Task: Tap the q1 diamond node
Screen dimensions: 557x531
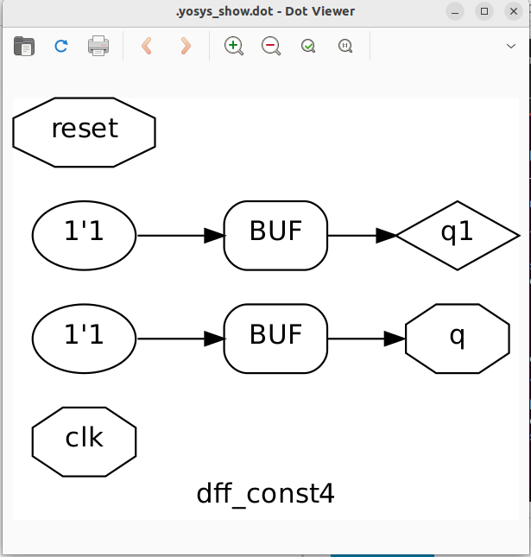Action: tap(458, 235)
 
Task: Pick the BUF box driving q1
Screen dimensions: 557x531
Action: tap(275, 235)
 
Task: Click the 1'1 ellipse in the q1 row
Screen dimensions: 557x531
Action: tap(84, 235)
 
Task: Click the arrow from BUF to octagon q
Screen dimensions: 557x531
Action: tap(366, 339)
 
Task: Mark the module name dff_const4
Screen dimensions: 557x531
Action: tap(265, 494)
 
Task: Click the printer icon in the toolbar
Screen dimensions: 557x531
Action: tap(98, 46)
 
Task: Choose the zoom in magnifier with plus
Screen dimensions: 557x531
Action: tap(233, 46)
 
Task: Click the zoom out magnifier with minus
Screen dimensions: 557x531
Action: tap(271, 46)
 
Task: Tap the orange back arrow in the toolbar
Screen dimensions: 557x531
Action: tap(147, 46)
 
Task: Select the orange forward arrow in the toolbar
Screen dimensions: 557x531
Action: tap(185, 46)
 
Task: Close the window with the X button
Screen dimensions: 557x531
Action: tap(513, 11)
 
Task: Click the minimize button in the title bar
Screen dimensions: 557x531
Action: tap(455, 11)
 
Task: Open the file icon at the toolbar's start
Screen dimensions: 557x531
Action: tap(24, 46)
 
